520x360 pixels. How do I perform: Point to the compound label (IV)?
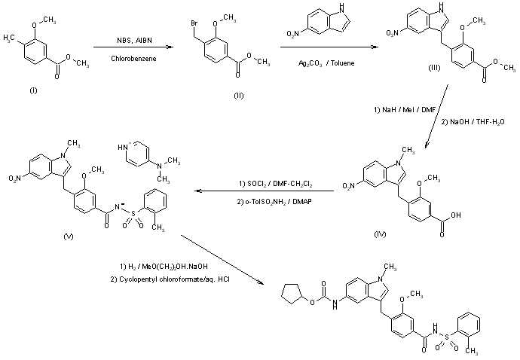(x=381, y=234)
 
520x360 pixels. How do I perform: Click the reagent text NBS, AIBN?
(x=130, y=40)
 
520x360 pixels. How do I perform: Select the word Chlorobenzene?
(x=130, y=57)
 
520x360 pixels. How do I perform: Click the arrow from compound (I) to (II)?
(x=129, y=48)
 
